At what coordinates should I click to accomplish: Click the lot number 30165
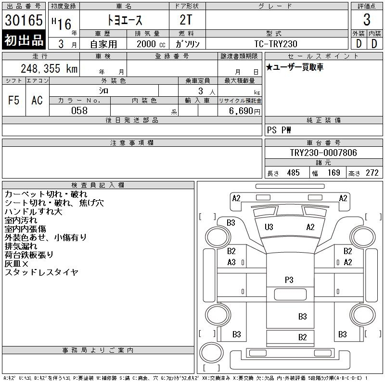(x=24, y=20)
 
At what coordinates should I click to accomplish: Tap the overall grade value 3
(x=367, y=20)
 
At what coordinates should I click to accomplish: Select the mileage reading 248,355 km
(x=49, y=68)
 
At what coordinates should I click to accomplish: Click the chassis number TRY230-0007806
(x=323, y=153)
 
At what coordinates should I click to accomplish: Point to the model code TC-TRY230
(x=276, y=44)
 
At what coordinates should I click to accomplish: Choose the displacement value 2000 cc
(x=151, y=44)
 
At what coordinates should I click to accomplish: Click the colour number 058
(x=79, y=111)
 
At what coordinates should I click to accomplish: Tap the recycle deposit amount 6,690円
(x=244, y=111)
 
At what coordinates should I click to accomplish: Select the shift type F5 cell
(x=14, y=101)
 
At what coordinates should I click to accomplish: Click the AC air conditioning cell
(x=38, y=101)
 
